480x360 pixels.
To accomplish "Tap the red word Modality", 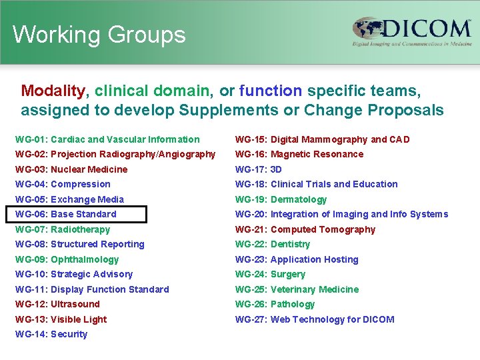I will (x=53, y=91).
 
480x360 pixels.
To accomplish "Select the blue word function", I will (x=270, y=91).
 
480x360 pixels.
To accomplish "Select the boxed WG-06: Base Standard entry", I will (x=76, y=214).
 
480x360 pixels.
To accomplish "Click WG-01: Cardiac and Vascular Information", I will (x=107, y=139).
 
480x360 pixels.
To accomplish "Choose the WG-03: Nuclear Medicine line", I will (x=71, y=169).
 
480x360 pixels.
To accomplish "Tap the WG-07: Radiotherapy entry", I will (x=63, y=229).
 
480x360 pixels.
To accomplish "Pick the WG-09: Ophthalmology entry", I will (x=67, y=259).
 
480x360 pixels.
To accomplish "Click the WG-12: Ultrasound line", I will (x=57, y=304).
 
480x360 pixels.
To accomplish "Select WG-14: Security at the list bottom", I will (x=51, y=334).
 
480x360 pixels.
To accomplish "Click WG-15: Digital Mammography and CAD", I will (x=322, y=139).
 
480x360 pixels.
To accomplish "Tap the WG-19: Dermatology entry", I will (x=281, y=199).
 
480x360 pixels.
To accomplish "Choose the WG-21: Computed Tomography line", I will (x=305, y=229).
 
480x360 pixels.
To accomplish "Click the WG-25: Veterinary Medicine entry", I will (x=297, y=289).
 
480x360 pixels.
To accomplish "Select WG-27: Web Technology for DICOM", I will (x=315, y=319).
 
